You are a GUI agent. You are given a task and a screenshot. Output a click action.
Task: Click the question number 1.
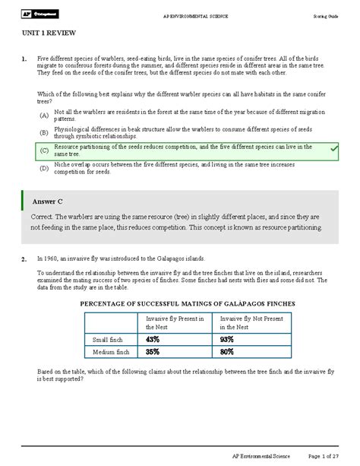point(25,59)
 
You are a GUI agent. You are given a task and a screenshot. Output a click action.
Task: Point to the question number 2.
point(25,258)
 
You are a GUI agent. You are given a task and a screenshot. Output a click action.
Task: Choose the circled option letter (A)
point(44,116)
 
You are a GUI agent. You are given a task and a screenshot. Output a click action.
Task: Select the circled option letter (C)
point(44,151)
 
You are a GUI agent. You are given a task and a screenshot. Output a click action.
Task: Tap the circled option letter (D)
point(44,168)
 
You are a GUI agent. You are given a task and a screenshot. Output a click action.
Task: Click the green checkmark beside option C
point(333,150)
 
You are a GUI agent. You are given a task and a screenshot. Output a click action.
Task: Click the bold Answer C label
point(47,201)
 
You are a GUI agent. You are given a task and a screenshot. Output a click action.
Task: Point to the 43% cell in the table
point(154,339)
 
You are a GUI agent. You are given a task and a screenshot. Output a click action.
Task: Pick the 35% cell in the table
point(154,352)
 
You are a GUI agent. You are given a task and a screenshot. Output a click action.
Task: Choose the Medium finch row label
point(111,353)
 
